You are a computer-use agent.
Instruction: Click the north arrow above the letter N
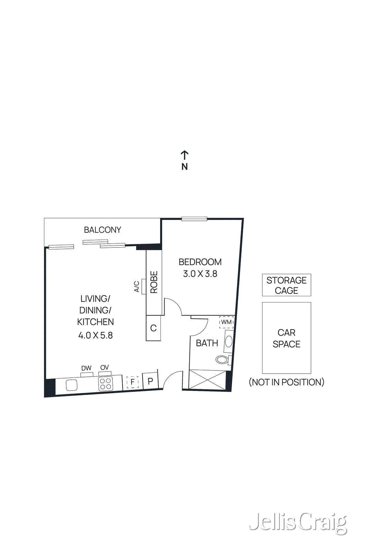point(185,154)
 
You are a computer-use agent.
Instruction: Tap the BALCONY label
point(102,230)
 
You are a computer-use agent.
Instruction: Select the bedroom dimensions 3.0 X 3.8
point(200,274)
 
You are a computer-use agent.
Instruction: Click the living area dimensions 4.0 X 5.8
point(95,335)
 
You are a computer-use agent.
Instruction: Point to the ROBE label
point(154,282)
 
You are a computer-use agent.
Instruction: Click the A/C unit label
point(137,287)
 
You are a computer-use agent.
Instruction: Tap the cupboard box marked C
point(153,328)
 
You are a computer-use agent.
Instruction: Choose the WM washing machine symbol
point(226,322)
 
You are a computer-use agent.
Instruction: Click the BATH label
point(207,343)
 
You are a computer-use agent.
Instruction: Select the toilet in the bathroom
point(222,360)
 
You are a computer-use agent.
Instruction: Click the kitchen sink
point(72,385)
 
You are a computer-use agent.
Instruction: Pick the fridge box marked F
point(132,382)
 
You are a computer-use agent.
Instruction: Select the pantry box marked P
point(150,381)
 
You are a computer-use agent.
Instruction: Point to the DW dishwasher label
point(86,368)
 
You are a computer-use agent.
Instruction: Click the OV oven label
point(104,368)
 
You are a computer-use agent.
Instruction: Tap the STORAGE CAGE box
point(286,285)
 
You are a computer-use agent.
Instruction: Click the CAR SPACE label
point(286,338)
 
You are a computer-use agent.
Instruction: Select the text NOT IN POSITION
point(286,382)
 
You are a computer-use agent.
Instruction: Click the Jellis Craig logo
point(298,523)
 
